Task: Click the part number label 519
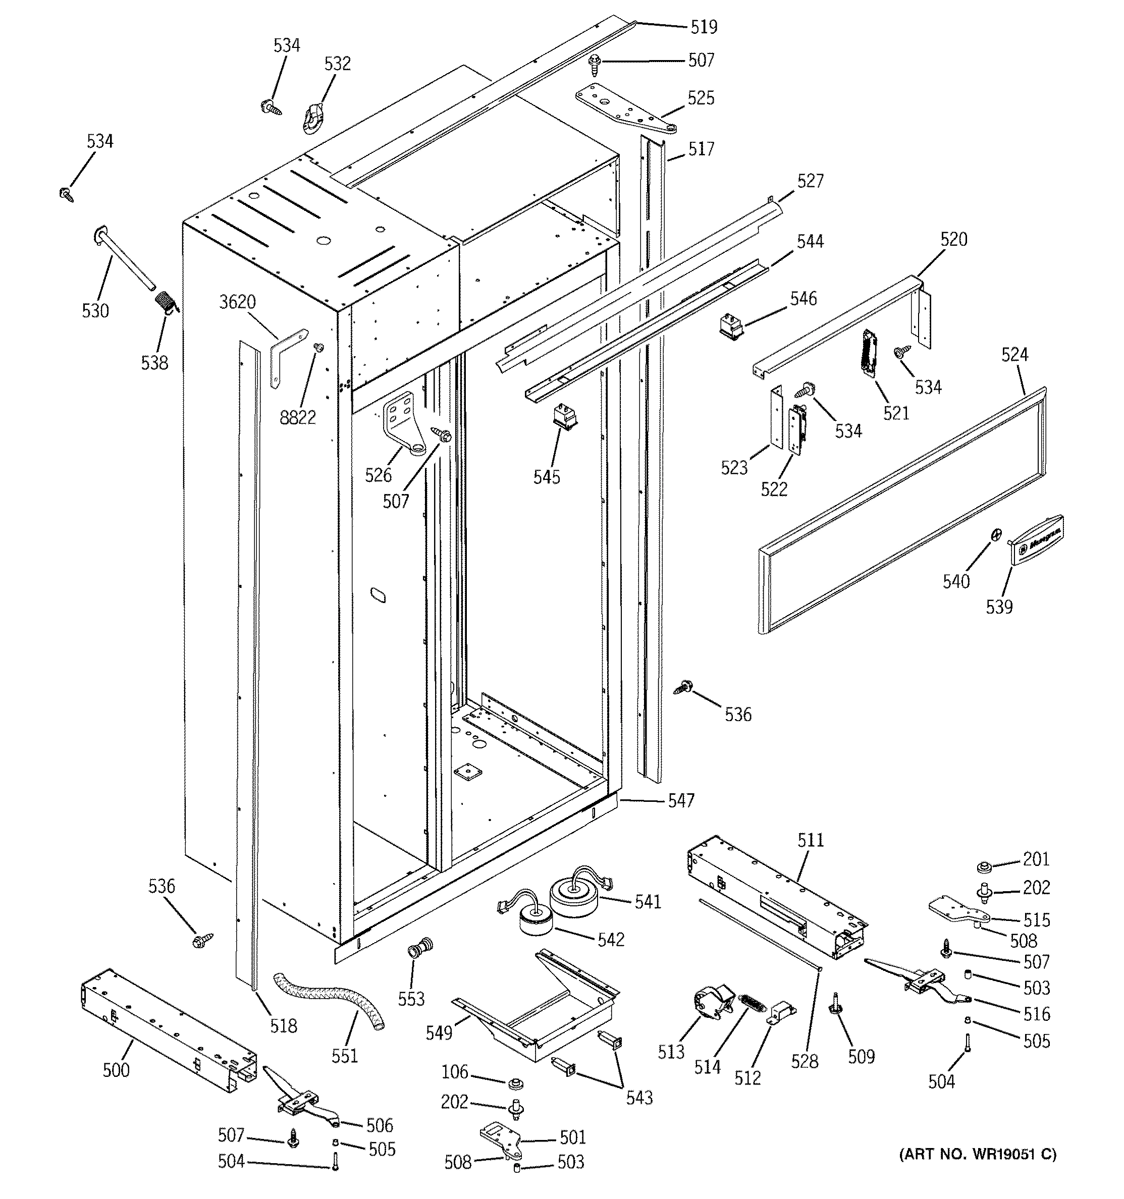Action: pos(704,27)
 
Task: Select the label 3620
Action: pos(237,302)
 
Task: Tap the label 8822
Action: pos(297,417)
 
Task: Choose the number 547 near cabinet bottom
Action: pos(681,800)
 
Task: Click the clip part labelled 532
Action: pos(312,118)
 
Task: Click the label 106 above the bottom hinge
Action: pos(454,1072)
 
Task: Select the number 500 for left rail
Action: pos(116,1070)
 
